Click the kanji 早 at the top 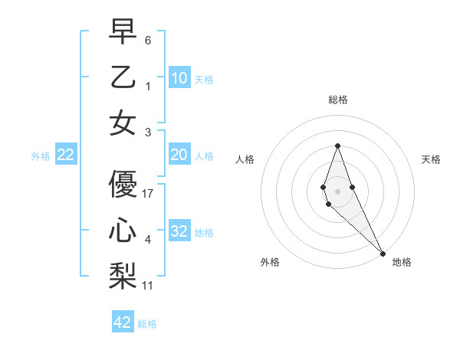(123, 32)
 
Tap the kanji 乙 (123, 77)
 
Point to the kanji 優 (123, 185)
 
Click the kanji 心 (123, 231)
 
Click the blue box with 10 (179, 77)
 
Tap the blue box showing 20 (179, 155)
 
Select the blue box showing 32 (179, 231)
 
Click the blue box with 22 (66, 155)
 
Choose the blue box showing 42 (123, 322)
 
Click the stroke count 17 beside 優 (148, 194)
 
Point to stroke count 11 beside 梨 (148, 285)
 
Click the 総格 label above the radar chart (337, 100)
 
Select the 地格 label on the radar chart (402, 262)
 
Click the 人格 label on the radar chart (245, 159)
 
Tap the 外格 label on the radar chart (270, 262)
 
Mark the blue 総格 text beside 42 (147, 324)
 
